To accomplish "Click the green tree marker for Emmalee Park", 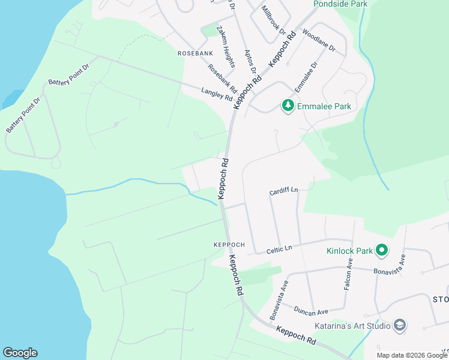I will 289,106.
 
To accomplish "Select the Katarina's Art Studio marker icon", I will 400,326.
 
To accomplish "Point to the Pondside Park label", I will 340,4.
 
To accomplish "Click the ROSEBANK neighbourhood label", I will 196,53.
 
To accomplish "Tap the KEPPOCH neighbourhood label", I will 229,245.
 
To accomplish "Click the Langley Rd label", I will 217,94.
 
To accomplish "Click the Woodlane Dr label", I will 319,39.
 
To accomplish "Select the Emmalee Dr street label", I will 306,77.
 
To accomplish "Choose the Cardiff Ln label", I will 283,191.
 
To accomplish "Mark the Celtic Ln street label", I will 279,248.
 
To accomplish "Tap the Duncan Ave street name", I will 311,311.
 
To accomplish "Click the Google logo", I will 20,353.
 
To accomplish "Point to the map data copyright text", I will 412,355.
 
